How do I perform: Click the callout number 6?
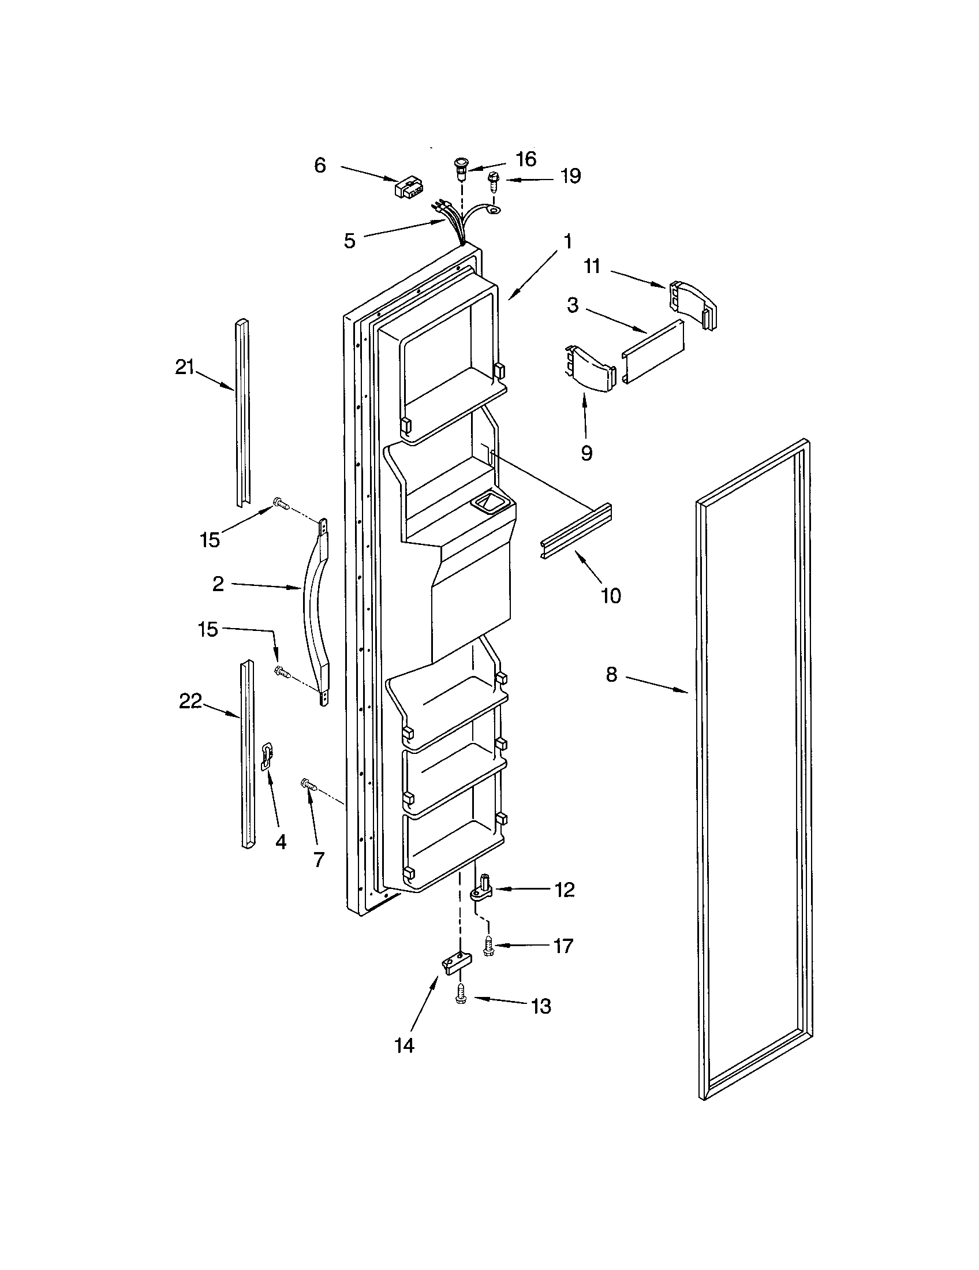320,165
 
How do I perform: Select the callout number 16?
525,159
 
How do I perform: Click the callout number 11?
592,266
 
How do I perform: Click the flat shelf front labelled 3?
652,351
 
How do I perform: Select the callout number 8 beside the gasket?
611,676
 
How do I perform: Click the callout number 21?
184,368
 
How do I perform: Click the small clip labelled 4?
267,757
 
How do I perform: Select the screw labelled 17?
489,948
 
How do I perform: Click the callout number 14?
404,1045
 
